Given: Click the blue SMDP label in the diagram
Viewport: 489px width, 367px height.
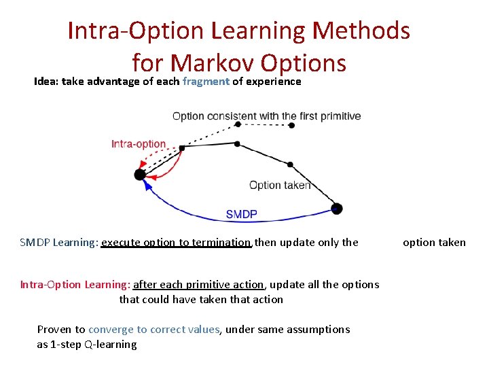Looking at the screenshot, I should pos(241,214).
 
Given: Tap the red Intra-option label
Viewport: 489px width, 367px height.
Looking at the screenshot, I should pos(139,143).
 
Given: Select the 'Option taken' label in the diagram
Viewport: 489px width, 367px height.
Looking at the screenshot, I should pos(279,185).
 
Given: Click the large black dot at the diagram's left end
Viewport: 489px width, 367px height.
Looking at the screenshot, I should pos(140,175).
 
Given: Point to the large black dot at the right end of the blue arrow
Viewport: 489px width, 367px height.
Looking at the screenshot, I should pos(336,209).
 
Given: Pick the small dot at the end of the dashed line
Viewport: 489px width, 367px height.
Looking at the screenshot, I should pos(291,125).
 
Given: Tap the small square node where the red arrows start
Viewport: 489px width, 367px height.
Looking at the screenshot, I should pos(182,147).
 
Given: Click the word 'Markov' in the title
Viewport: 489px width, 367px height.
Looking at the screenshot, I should pos(212,63).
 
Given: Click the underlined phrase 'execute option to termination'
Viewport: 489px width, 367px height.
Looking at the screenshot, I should pos(177,243).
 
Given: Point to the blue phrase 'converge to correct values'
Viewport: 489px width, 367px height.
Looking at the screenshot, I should pos(154,330).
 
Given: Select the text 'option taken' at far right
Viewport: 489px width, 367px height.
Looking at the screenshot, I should pos(434,243).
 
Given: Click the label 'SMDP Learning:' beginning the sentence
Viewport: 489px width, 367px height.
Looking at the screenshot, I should pos(59,243).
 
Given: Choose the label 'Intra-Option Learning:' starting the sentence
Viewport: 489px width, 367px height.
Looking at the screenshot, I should pos(75,285).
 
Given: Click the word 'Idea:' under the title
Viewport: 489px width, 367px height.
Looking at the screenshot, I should pos(47,82).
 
